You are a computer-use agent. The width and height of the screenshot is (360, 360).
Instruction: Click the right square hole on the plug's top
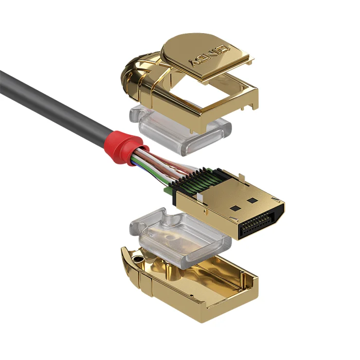click(x=251, y=200)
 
